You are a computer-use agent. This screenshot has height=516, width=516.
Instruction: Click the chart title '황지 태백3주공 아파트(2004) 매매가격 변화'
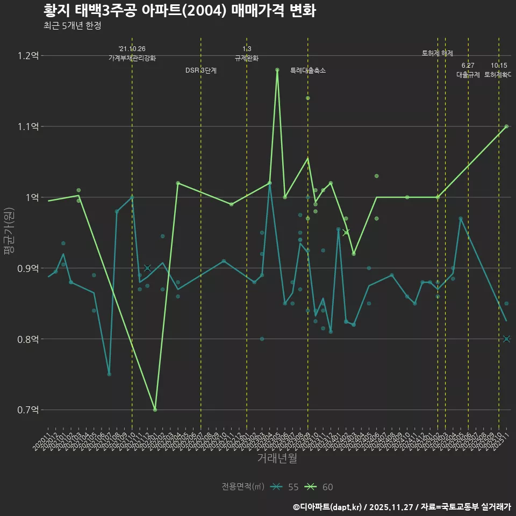pyautogui.click(x=179, y=11)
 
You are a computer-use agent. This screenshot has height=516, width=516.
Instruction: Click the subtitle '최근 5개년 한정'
pyautogui.click(x=72, y=26)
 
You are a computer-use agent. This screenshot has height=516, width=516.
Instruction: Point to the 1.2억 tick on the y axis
pyautogui.click(x=28, y=55)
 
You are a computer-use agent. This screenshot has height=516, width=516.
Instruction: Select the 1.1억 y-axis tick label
pyautogui.click(x=28, y=126)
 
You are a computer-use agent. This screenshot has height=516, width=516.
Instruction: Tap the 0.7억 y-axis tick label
pyautogui.click(x=28, y=410)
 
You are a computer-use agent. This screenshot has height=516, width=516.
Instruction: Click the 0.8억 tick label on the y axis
pyautogui.click(x=28, y=339)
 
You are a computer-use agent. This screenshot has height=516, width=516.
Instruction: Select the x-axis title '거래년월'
pyautogui.click(x=277, y=458)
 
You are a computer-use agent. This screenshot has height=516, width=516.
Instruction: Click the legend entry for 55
pyautogui.click(x=285, y=487)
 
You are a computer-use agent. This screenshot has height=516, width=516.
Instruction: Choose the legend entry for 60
pyautogui.click(x=319, y=487)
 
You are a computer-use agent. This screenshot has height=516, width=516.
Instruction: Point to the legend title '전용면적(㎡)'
pyautogui.click(x=242, y=487)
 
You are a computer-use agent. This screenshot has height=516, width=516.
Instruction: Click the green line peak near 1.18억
pyautogui.click(x=277, y=70)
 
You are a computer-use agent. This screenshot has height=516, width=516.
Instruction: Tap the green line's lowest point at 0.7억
pyautogui.click(x=155, y=410)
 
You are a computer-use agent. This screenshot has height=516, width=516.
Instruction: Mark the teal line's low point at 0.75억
pyautogui.click(x=109, y=374)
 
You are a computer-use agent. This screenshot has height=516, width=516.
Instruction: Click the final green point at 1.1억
pyautogui.click(x=506, y=126)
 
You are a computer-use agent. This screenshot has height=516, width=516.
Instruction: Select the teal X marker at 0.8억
pyautogui.click(x=506, y=339)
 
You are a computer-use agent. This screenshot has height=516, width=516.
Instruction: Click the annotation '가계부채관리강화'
pyautogui.click(x=132, y=58)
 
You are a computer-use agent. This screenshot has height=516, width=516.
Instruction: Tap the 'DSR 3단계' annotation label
pyautogui.click(x=201, y=70)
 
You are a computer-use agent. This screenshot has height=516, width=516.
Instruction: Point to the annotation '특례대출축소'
pyautogui.click(x=308, y=70)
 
